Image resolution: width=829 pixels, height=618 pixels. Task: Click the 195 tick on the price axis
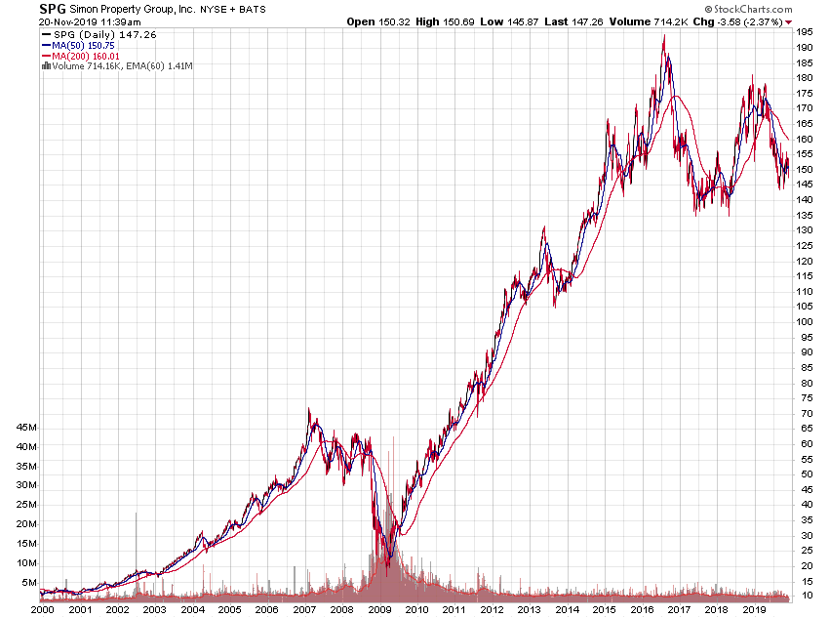point(805,32)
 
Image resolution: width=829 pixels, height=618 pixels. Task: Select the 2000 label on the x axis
point(42,609)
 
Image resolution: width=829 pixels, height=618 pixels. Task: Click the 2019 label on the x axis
point(752,609)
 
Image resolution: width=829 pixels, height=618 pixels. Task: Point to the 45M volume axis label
point(26,428)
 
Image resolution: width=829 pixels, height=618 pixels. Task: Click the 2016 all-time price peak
point(664,36)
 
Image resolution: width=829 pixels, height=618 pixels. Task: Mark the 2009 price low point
point(387,575)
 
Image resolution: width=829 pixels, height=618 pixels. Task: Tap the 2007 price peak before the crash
point(309,409)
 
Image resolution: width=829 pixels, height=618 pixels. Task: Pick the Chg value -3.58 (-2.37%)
point(749,21)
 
